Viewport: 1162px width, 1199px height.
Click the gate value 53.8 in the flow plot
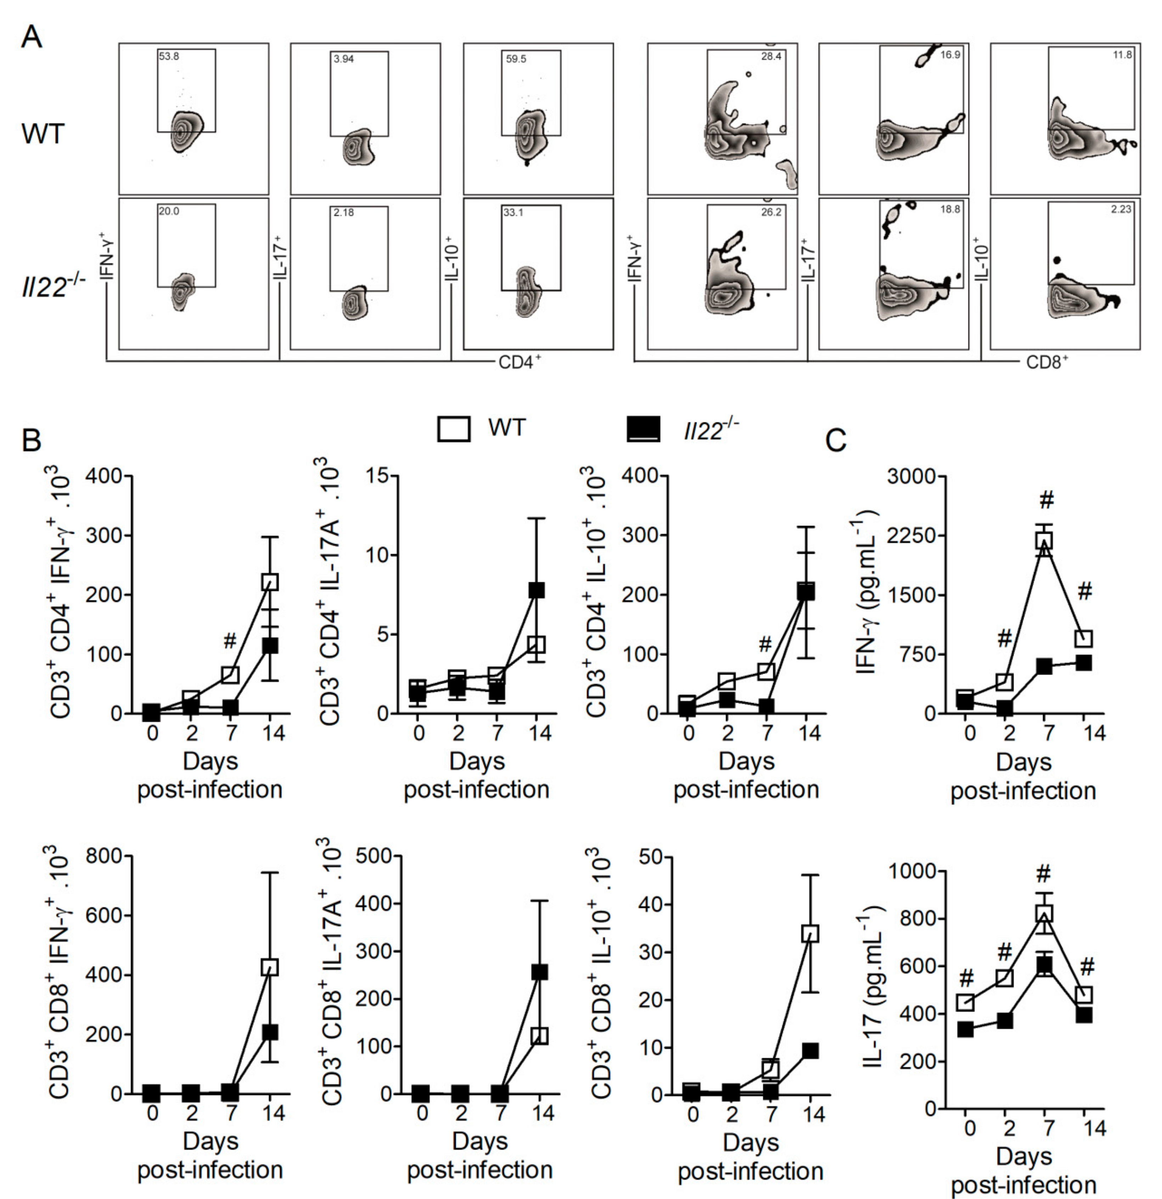pos(169,56)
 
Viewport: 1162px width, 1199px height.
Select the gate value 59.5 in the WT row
pos(516,60)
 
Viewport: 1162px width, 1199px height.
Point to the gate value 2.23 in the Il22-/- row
pos(1121,209)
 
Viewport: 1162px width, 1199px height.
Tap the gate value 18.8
pos(950,209)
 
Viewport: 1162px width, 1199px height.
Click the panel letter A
pos(32,38)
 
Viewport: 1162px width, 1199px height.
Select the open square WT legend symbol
pos(453,429)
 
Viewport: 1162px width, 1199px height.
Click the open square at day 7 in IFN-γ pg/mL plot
pos(1044,540)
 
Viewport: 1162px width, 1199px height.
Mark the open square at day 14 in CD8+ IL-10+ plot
pos(810,934)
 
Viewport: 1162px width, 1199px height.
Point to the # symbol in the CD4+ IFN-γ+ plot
pos(230,641)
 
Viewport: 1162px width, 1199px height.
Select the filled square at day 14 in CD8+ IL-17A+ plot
pos(539,972)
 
